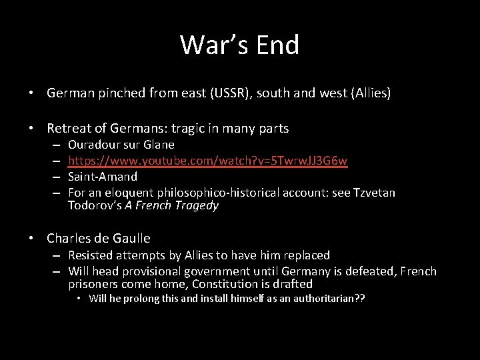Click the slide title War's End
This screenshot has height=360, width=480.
[x=239, y=45]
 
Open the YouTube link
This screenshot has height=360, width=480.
[x=207, y=161]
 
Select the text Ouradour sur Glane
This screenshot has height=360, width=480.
[x=121, y=145]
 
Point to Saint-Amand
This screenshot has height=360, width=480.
[x=103, y=177]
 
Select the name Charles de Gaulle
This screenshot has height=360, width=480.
[x=99, y=238]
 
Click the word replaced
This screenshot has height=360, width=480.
[x=305, y=255]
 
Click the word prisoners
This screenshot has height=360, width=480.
[x=94, y=284]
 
